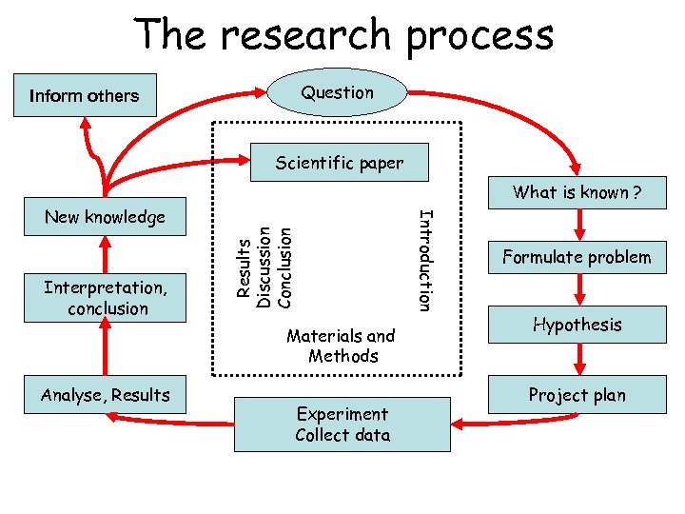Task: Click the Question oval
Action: (338, 92)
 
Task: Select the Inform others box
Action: (85, 95)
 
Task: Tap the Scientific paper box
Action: (340, 163)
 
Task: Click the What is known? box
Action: (577, 193)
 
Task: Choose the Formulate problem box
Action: (577, 257)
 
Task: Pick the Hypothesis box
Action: (577, 325)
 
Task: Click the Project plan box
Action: (577, 395)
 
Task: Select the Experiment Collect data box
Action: (342, 425)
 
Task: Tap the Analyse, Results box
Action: (106, 395)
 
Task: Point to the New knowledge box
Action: (105, 217)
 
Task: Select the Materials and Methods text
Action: (341, 346)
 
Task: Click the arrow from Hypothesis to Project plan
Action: (577, 361)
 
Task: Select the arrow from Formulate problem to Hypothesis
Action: (577, 291)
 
